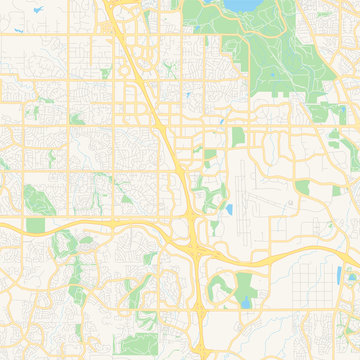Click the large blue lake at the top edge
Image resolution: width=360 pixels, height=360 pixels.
[241, 5]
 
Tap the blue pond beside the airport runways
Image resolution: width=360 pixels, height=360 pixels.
[229, 211]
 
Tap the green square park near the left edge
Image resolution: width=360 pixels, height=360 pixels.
[36, 226]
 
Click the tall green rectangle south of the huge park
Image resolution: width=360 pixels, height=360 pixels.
[238, 137]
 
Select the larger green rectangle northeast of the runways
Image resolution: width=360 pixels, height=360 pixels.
[303, 187]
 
